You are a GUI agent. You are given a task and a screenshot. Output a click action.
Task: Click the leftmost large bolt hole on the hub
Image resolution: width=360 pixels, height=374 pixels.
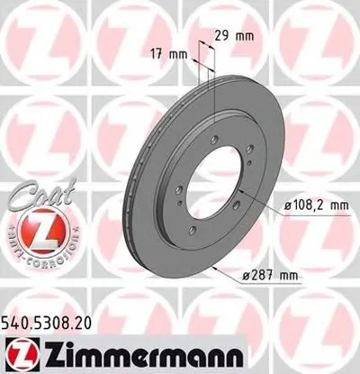pyautogui.click(x=179, y=190)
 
